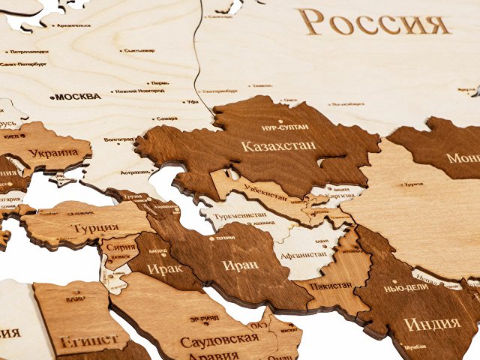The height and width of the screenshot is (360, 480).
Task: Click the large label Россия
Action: (373, 22)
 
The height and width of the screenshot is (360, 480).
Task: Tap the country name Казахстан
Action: (278, 145)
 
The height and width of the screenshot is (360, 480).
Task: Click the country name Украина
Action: (53, 153)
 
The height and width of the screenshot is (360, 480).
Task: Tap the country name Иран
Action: (240, 265)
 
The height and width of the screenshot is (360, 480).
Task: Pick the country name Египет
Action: (89, 340)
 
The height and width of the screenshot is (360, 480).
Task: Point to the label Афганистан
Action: (304, 254)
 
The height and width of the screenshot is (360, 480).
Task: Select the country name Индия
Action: (432, 324)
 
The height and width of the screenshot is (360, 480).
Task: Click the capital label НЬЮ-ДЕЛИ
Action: (406, 288)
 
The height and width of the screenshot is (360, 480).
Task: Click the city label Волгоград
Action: (120, 139)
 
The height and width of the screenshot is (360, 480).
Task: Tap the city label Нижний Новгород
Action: (140, 91)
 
